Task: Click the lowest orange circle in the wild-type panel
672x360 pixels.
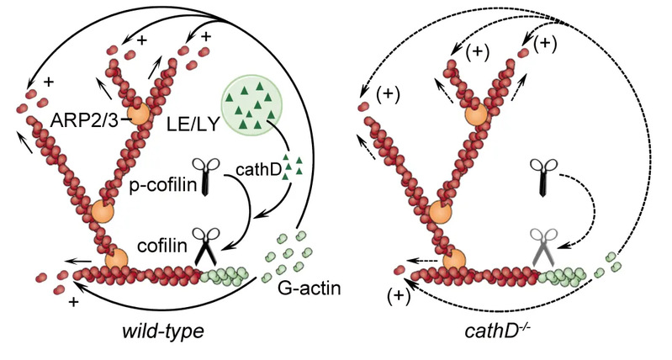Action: click(x=117, y=258)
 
